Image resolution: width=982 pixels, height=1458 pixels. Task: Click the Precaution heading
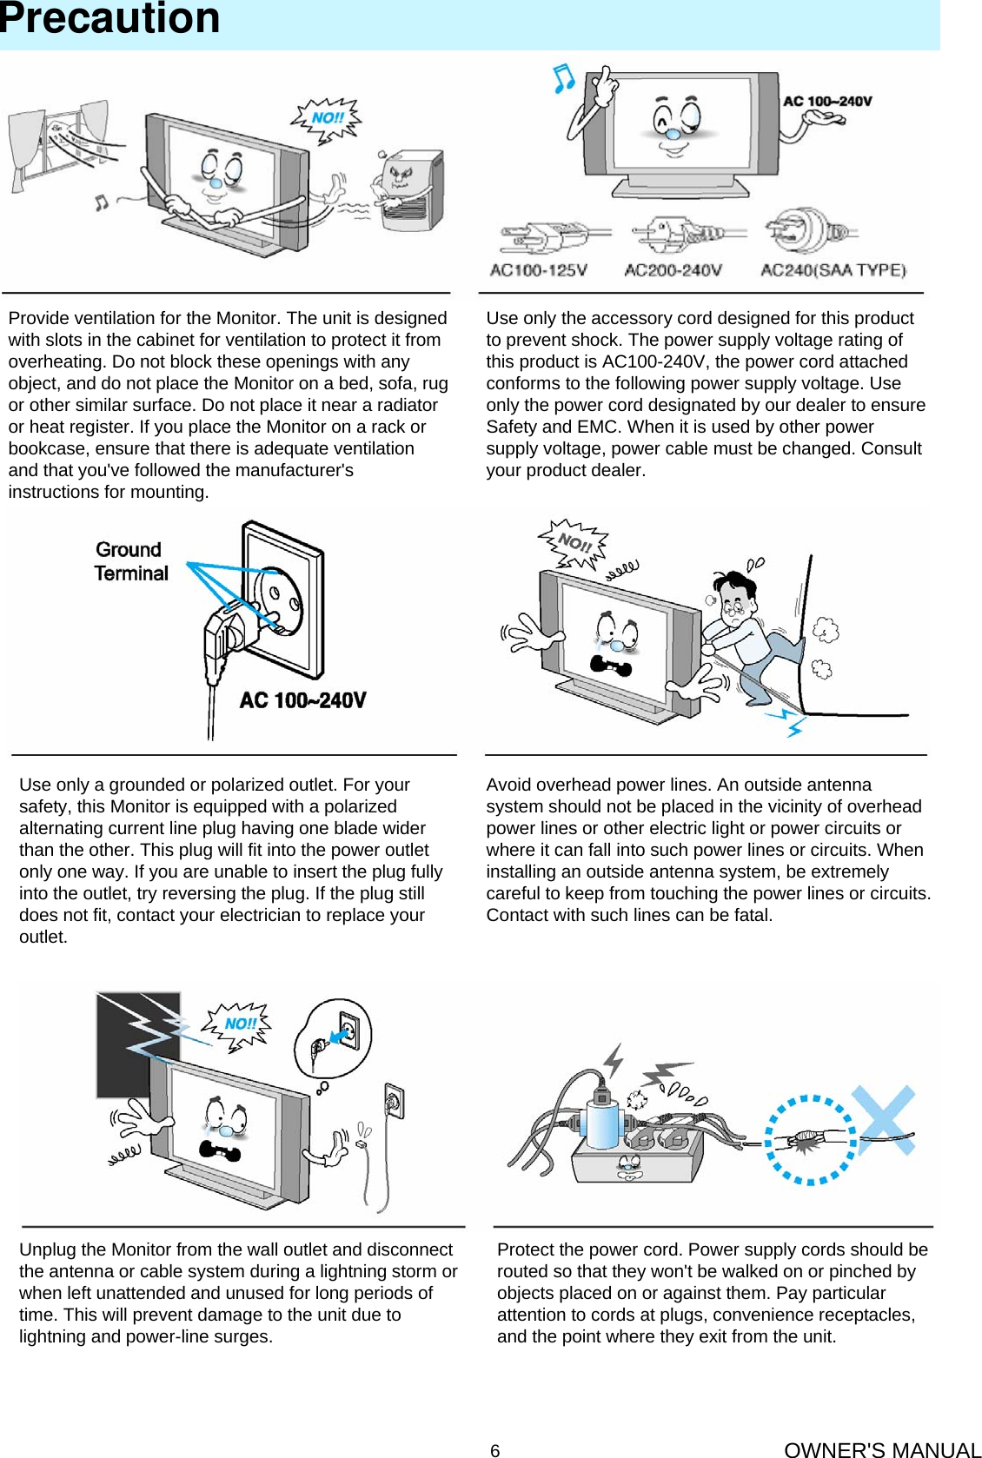coord(109,19)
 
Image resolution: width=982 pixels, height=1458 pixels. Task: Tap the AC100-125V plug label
coord(538,270)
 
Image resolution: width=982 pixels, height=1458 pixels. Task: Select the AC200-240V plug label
coord(673,270)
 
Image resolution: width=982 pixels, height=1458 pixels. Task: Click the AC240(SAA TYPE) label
coord(833,270)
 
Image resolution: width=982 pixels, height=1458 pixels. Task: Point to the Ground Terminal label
coord(131,561)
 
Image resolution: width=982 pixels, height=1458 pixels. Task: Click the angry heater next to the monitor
coord(408,191)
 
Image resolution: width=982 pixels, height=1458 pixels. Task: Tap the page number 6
coord(494,1450)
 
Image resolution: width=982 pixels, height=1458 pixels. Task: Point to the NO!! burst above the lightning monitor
coord(240,1024)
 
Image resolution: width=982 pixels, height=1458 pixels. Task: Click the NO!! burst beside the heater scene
coord(327,118)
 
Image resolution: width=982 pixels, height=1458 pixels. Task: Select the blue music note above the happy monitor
coord(564,78)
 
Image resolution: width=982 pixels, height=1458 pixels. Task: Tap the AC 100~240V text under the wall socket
coord(302,700)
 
